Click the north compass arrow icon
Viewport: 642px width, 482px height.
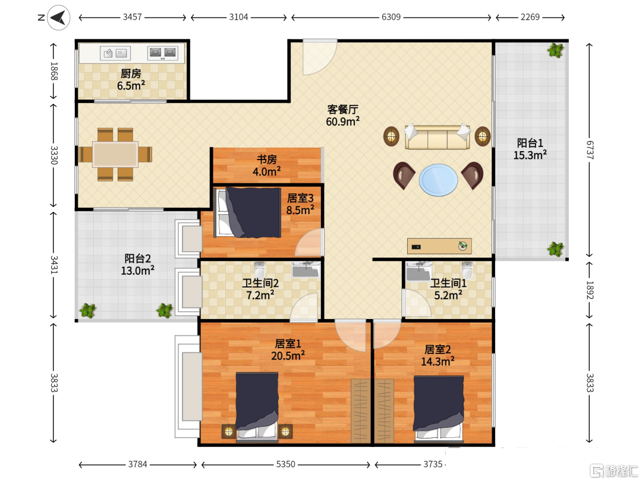tap(58, 17)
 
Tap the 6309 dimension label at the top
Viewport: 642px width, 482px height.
tap(391, 17)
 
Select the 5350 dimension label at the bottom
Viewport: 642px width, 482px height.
tap(285, 464)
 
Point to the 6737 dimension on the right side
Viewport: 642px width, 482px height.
tap(590, 150)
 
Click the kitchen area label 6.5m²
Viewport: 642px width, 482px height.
tap(131, 86)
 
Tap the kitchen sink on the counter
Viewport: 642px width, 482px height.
tap(115, 53)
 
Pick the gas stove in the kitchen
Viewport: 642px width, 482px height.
tap(162, 53)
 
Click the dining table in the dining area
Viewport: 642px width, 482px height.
tap(115, 154)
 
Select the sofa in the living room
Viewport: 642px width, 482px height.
tap(437, 136)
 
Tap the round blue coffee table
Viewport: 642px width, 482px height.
tap(438, 180)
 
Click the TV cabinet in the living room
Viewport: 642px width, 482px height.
tap(439, 246)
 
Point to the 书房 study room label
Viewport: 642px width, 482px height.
tap(266, 159)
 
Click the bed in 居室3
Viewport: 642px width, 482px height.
tap(248, 212)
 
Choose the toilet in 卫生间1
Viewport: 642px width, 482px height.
tap(467, 270)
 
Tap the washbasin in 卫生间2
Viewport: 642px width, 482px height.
tap(306, 270)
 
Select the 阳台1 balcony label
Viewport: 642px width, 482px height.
tap(530, 143)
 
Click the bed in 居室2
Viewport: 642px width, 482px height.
tap(439, 409)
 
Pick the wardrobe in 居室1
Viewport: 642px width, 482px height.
tap(360, 411)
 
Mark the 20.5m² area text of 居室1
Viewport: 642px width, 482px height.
tap(288, 355)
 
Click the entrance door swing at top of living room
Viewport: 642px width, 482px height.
tap(320, 57)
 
